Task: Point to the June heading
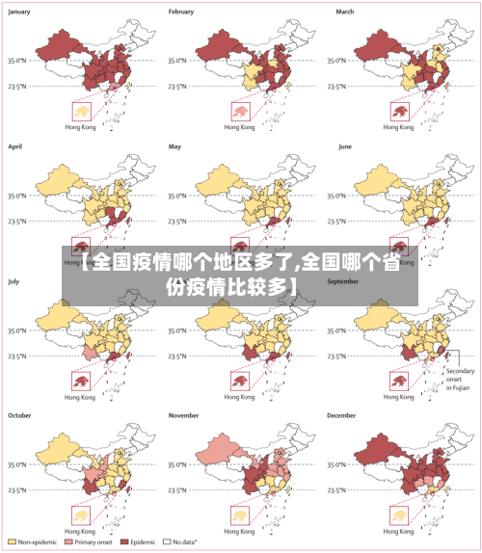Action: tap(346, 146)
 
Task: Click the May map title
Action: tap(174, 146)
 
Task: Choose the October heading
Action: tap(20, 415)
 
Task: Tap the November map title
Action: tap(184, 415)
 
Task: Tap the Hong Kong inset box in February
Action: tap(239, 112)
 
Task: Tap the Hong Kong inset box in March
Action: tap(399, 112)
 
